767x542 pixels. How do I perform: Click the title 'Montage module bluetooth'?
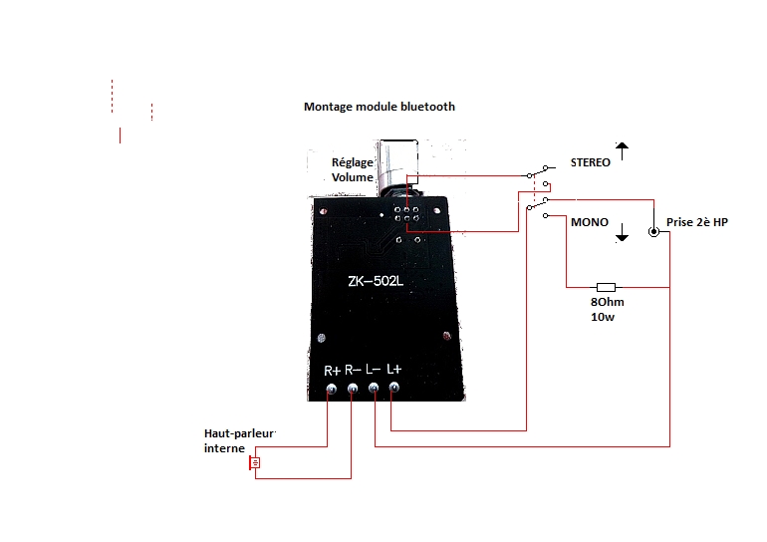coord(380,107)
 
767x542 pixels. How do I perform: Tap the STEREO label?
coord(590,162)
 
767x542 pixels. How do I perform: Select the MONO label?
coord(590,222)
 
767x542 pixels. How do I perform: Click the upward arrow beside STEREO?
coord(622,150)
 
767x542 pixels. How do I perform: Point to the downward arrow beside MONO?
coord(622,232)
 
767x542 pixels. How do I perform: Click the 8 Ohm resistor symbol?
coord(606,287)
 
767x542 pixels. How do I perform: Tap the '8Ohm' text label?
coord(607,302)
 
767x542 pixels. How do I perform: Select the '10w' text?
coord(603,317)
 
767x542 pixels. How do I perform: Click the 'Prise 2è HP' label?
coord(696,222)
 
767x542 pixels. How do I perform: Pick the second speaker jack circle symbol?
coord(653,232)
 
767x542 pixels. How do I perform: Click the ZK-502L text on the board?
coord(376,281)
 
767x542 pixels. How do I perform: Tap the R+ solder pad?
coord(331,390)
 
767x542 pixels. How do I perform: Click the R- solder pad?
coord(353,389)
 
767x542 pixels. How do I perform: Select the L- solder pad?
coord(374,388)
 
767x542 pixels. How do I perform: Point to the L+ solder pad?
coord(393,388)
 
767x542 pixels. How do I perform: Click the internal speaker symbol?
coord(254,462)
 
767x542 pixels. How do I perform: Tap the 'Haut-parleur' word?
coord(239,433)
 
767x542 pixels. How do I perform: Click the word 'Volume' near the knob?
coord(353,177)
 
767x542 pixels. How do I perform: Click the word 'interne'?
coord(224,448)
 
